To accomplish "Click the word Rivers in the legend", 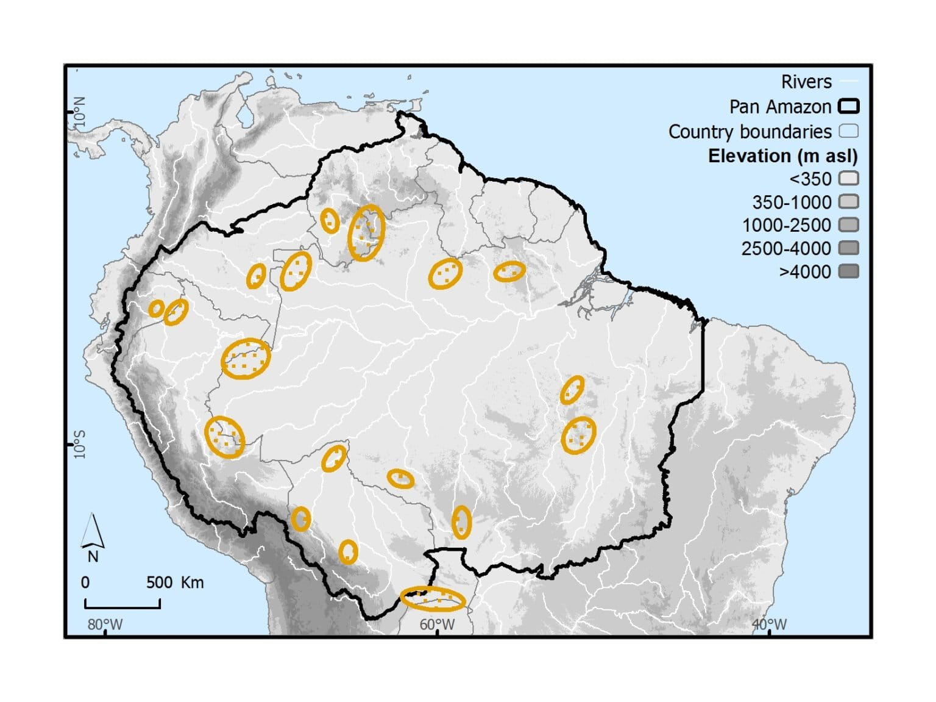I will pyautogui.click(x=806, y=82).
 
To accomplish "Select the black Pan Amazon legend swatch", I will pyautogui.click(x=849, y=107).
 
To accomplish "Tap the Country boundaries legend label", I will pyautogui.click(x=750, y=132).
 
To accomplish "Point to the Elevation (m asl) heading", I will pyautogui.click(x=782, y=156).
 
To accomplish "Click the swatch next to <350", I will pyautogui.click(x=849, y=179).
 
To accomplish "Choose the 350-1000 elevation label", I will pyautogui.click(x=792, y=202).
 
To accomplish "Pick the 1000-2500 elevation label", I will pyautogui.click(x=786, y=226).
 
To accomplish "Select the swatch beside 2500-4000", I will pyautogui.click(x=849, y=248).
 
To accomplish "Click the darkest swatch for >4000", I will pyautogui.click(x=849, y=271).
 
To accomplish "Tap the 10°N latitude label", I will pyautogui.click(x=80, y=111).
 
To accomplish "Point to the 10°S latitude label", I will pyautogui.click(x=80, y=445).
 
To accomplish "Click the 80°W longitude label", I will pyautogui.click(x=105, y=625).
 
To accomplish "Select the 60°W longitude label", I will pyautogui.click(x=437, y=625).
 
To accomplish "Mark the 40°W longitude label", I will pyautogui.click(x=769, y=625).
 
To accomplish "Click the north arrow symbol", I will pyautogui.click(x=93, y=531).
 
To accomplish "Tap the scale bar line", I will pyautogui.click(x=122, y=607).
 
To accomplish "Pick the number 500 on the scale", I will pyautogui.click(x=160, y=582).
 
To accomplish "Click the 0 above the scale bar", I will pyautogui.click(x=85, y=582).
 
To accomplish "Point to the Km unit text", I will pyautogui.click(x=192, y=582).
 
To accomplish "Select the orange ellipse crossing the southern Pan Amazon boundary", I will pyautogui.click(x=433, y=599).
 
